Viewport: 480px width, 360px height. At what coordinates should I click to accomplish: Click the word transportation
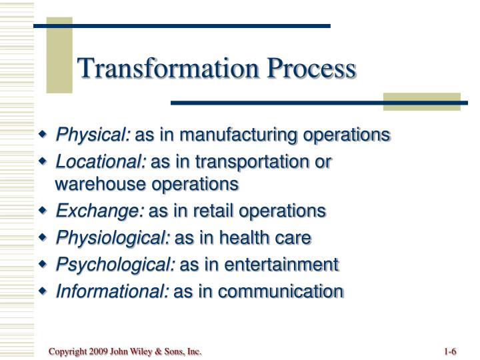255,161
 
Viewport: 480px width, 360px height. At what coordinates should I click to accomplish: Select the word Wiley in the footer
142,351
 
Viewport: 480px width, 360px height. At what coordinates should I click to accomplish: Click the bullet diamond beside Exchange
44,211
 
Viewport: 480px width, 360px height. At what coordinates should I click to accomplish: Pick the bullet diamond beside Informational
44,291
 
